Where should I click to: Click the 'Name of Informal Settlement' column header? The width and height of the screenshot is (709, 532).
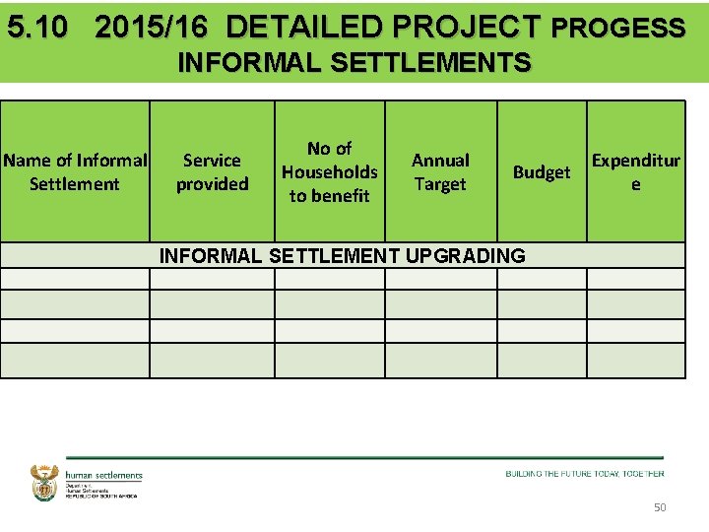pyautogui.click(x=75, y=171)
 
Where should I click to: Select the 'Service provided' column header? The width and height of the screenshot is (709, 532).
pyautogui.click(x=212, y=171)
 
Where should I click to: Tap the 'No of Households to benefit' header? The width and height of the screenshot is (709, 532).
pyautogui.click(x=329, y=171)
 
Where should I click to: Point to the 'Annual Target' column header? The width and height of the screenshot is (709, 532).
pyautogui.click(x=440, y=171)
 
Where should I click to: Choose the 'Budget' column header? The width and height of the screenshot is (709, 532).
pyautogui.click(x=541, y=172)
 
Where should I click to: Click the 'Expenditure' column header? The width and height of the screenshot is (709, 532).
pyautogui.click(x=635, y=171)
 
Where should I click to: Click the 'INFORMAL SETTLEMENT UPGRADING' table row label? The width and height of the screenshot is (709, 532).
pyautogui.click(x=343, y=256)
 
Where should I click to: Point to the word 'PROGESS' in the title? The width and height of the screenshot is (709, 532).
pyautogui.click(x=618, y=28)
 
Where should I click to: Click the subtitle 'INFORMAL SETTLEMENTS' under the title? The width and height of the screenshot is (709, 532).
pyautogui.click(x=354, y=64)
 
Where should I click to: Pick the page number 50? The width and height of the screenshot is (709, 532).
pyautogui.click(x=660, y=506)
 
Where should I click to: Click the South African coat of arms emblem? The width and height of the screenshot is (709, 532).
pyautogui.click(x=45, y=483)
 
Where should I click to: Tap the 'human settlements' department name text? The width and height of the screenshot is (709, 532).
pyautogui.click(x=103, y=476)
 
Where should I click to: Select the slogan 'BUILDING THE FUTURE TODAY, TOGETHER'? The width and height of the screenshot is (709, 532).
pyautogui.click(x=585, y=474)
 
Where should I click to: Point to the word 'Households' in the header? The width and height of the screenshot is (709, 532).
pyautogui.click(x=329, y=171)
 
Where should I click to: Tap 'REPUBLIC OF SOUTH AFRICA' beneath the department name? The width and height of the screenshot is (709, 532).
pyautogui.click(x=101, y=496)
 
